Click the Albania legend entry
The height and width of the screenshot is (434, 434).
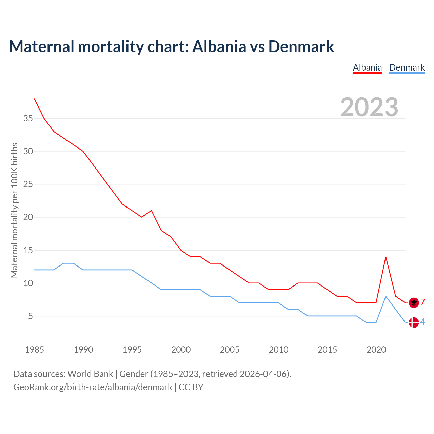367,67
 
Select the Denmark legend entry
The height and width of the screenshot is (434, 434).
407,67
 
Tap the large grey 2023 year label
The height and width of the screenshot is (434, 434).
369,107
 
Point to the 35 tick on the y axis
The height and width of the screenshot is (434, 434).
28,119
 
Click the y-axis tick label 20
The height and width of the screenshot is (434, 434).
28,217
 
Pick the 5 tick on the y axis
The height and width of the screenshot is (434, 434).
31,316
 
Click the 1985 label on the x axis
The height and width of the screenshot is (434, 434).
35,350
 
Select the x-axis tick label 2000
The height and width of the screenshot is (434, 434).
181,350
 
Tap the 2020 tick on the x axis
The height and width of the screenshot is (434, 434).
376,350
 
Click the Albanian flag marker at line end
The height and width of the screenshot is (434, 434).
414,302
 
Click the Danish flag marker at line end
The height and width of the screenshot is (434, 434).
414,322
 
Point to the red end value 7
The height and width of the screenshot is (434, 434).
423,302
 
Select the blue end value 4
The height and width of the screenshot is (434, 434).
423,322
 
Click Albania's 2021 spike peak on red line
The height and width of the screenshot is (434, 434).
386,257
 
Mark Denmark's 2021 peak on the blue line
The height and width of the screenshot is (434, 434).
386,296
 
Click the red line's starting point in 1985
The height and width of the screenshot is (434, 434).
35,99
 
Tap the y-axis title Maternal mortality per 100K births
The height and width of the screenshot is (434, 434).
14,210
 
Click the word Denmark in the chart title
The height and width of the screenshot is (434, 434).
301,46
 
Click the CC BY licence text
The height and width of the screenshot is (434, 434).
191,387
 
